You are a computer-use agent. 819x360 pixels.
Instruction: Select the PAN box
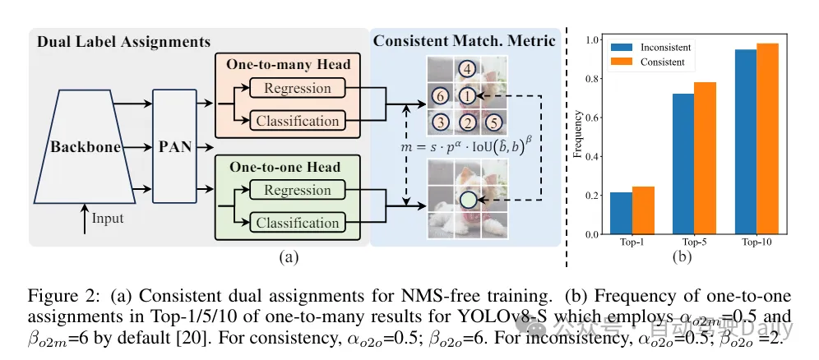(176, 148)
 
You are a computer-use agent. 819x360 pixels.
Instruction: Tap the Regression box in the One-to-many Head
(292, 89)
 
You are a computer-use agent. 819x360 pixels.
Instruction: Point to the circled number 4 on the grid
(467, 69)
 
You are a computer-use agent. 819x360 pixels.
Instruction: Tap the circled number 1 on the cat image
(467, 95)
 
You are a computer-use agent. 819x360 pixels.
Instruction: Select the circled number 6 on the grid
(441, 95)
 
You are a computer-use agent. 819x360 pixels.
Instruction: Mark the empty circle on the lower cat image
(467, 200)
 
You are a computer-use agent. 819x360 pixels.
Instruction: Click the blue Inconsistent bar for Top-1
(622, 214)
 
